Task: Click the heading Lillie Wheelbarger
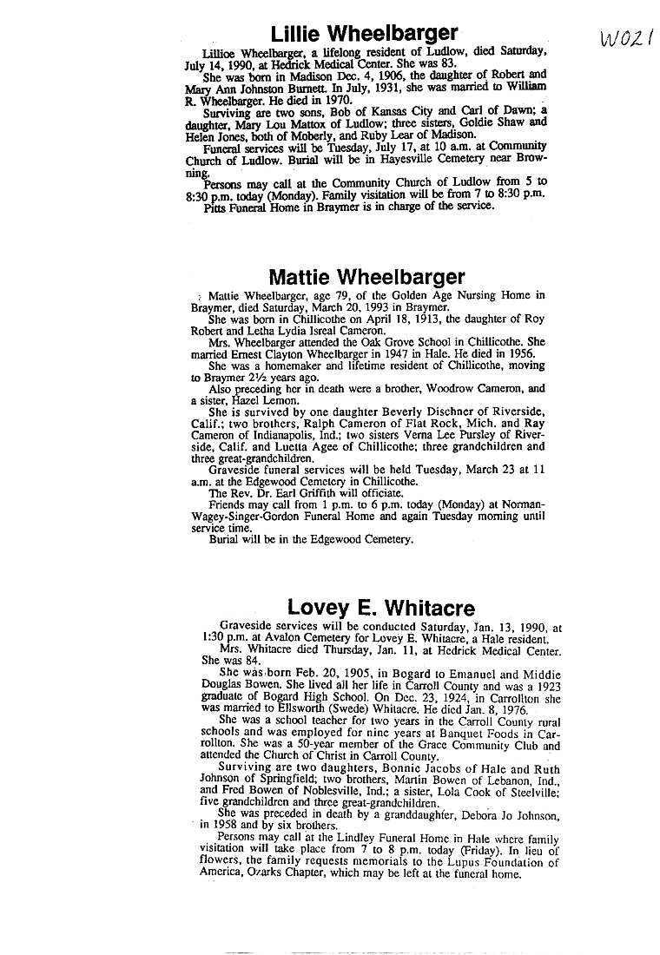point(364,34)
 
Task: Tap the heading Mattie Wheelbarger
point(366,278)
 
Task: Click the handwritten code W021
point(625,39)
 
